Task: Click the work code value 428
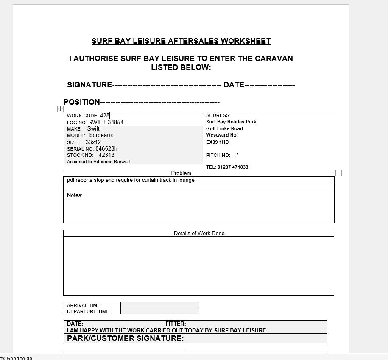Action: pyautogui.click(x=105, y=115)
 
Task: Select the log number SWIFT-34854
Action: pyautogui.click(x=106, y=122)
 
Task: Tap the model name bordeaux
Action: pyautogui.click(x=101, y=135)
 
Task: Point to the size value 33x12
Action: pyautogui.click(x=93, y=142)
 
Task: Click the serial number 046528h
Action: pyautogui.click(x=106, y=149)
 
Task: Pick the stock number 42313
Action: pyautogui.click(x=106, y=155)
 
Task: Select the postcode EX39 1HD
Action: pyautogui.click(x=217, y=142)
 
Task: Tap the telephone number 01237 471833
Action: pyautogui.click(x=233, y=167)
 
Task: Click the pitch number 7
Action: pyautogui.click(x=237, y=155)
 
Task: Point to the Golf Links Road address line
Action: pyautogui.click(x=224, y=128)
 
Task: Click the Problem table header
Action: pyautogui.click(x=181, y=173)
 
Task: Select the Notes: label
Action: pyautogui.click(x=75, y=195)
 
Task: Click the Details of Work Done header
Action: pyautogui.click(x=199, y=233)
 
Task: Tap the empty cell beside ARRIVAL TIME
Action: pyautogui.click(x=159, y=305)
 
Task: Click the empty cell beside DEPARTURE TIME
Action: pyautogui.click(x=159, y=311)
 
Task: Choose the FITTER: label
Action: pyautogui.click(x=176, y=324)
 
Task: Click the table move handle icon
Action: pyautogui.click(x=60, y=109)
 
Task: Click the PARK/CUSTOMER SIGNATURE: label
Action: pyautogui.click(x=126, y=338)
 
